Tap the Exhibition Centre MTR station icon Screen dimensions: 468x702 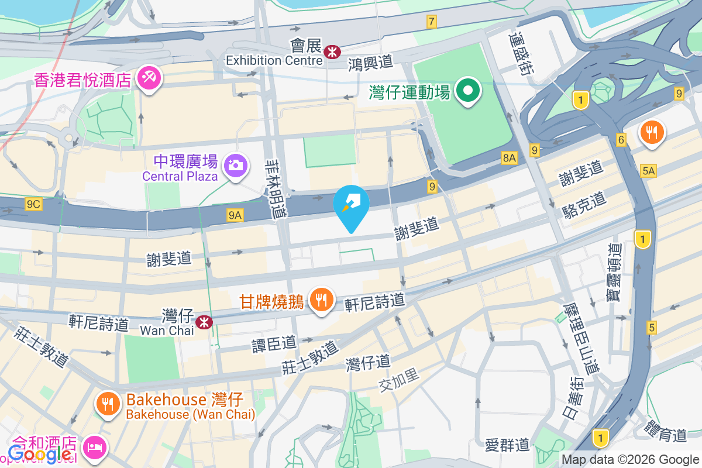[332, 52]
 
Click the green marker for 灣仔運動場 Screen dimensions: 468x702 [469, 91]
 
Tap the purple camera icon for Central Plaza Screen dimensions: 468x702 [235, 166]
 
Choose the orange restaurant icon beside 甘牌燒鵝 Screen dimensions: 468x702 [321, 301]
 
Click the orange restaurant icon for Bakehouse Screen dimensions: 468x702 [108, 404]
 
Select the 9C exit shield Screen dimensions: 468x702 [33, 204]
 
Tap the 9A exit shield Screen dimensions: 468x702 [235, 216]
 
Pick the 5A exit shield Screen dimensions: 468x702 [648, 171]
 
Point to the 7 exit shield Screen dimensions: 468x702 [432, 22]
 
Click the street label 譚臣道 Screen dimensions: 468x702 [274, 344]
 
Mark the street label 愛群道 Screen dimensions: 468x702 [507, 445]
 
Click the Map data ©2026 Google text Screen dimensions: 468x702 [631, 460]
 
